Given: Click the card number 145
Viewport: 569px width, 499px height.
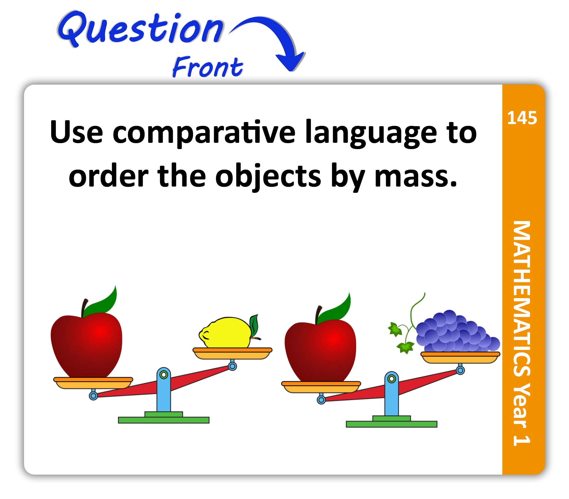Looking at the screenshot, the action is pyautogui.click(x=522, y=118).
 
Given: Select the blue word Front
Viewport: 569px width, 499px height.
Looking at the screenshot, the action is pyautogui.click(x=208, y=67).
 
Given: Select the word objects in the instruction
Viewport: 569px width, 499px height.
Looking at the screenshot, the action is pyautogui.click(x=268, y=177).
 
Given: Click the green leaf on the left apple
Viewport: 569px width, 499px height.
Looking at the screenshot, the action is pyautogui.click(x=101, y=302).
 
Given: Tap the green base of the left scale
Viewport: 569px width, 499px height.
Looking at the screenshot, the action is pyautogui.click(x=164, y=418).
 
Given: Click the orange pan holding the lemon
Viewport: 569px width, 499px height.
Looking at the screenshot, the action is pyautogui.click(x=232, y=353).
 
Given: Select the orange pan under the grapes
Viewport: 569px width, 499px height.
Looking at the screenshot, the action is pyautogui.click(x=460, y=357).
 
